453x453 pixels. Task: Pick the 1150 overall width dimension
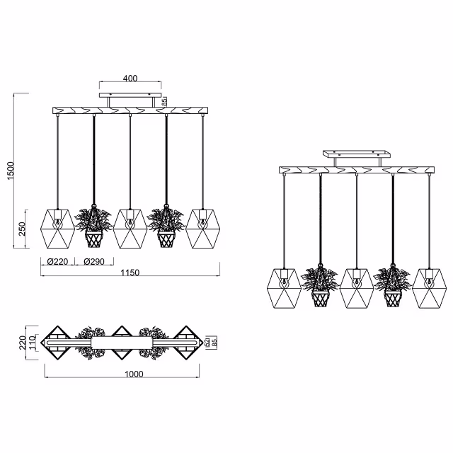click(x=130, y=273)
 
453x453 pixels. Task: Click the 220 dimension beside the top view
click(x=21, y=343)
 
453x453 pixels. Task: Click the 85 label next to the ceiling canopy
click(x=164, y=102)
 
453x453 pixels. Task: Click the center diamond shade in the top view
click(x=122, y=343)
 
